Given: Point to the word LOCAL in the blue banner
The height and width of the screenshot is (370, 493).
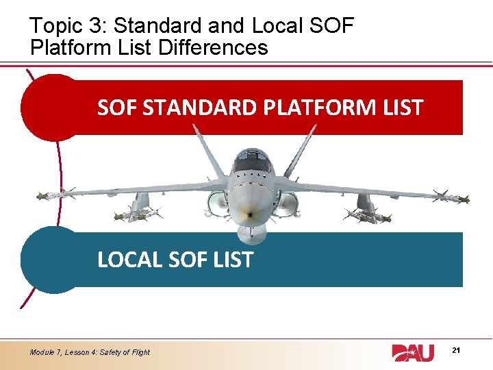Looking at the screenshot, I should (x=129, y=260).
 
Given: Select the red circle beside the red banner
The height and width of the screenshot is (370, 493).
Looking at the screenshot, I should (x=51, y=108).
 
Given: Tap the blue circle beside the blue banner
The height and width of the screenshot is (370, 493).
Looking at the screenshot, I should (x=51, y=260).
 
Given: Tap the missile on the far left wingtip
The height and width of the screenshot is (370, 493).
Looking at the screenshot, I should (x=51, y=195).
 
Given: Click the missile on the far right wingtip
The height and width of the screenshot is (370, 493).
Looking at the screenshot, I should (x=455, y=198).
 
